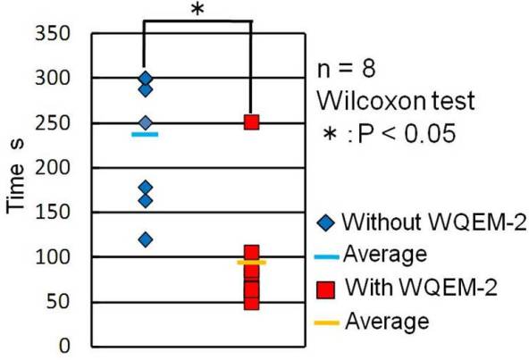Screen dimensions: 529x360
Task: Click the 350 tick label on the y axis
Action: (53, 33)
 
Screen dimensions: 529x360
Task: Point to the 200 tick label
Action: (53, 167)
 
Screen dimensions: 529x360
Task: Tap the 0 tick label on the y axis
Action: (64, 347)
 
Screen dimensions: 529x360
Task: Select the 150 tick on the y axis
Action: (53, 213)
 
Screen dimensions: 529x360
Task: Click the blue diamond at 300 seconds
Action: (146, 79)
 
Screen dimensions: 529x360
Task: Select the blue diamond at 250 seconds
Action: (146, 122)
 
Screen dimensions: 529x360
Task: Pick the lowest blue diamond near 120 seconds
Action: (146, 240)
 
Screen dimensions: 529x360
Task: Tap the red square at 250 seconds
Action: (252, 122)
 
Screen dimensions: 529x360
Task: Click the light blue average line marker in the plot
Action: (145, 135)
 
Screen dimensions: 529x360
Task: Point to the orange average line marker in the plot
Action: (252, 262)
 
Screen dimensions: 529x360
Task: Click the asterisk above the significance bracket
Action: (197, 10)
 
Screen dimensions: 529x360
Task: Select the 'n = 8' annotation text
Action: (346, 69)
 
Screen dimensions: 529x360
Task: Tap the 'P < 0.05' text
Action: (407, 134)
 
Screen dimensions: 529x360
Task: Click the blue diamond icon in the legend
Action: (326, 222)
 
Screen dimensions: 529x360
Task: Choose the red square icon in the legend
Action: (326, 290)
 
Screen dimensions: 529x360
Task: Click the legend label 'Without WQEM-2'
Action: (434, 222)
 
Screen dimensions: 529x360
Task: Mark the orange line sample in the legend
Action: (326, 323)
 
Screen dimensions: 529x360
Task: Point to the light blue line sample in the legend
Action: (326, 257)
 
